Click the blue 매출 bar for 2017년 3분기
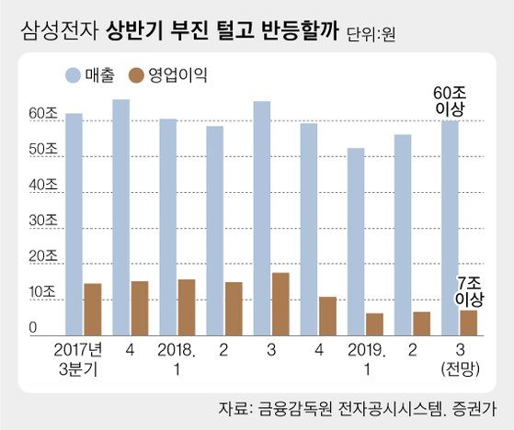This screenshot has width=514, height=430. coord(74,224)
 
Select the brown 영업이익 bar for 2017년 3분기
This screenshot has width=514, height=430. coord(93,309)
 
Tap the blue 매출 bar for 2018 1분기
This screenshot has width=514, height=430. coord(168,227)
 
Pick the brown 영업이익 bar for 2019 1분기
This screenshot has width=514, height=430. coord(374,324)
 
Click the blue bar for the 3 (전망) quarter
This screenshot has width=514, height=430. coord(450,228)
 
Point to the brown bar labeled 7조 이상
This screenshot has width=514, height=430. coord(468,322)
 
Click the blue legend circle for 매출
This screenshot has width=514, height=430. coord(73,75)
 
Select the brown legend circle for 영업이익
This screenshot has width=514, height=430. coord(136,75)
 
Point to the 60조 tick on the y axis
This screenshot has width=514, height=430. coord(43,114)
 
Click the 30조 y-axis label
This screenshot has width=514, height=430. coord(43,221)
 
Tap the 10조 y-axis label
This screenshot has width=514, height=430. coord(42,292)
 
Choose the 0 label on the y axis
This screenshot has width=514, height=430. coord(33,328)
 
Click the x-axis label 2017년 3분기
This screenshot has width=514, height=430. coord(78,360)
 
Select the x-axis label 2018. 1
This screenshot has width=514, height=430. coord(177,360)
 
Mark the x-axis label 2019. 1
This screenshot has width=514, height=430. coord(367,360)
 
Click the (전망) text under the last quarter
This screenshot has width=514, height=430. coord(461,369)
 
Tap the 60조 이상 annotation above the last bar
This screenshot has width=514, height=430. coord(450,101)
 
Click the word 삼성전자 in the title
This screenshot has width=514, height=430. coord(60,31)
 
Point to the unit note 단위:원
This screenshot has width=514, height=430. coord(371,34)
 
